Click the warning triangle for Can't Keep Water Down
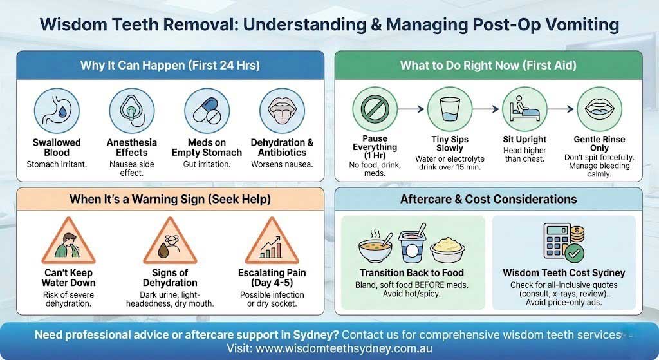click(68, 242)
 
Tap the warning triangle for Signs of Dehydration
click(170, 242)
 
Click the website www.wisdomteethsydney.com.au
click(344, 348)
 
